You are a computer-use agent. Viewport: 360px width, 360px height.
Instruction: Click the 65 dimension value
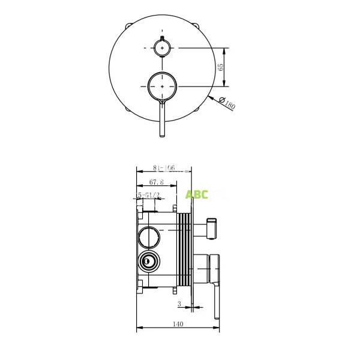[x=221, y=67]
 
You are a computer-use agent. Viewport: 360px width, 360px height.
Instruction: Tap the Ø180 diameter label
[x=227, y=103]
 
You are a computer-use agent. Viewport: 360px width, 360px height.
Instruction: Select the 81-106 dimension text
[x=163, y=169]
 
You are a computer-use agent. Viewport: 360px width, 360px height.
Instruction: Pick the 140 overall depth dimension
[x=178, y=324]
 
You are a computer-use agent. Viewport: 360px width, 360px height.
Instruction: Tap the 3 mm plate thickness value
[x=179, y=304]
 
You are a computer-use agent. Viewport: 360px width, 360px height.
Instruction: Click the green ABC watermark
[x=197, y=194]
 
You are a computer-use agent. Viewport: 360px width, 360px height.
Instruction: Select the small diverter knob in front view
[x=163, y=47]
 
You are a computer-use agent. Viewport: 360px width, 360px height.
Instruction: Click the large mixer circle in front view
[x=163, y=87]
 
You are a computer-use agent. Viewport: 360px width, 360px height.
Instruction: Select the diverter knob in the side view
[x=211, y=227]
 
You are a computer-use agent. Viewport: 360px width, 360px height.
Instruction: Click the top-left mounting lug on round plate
[x=128, y=26]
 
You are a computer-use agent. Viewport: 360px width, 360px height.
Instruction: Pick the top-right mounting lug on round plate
[x=197, y=26]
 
